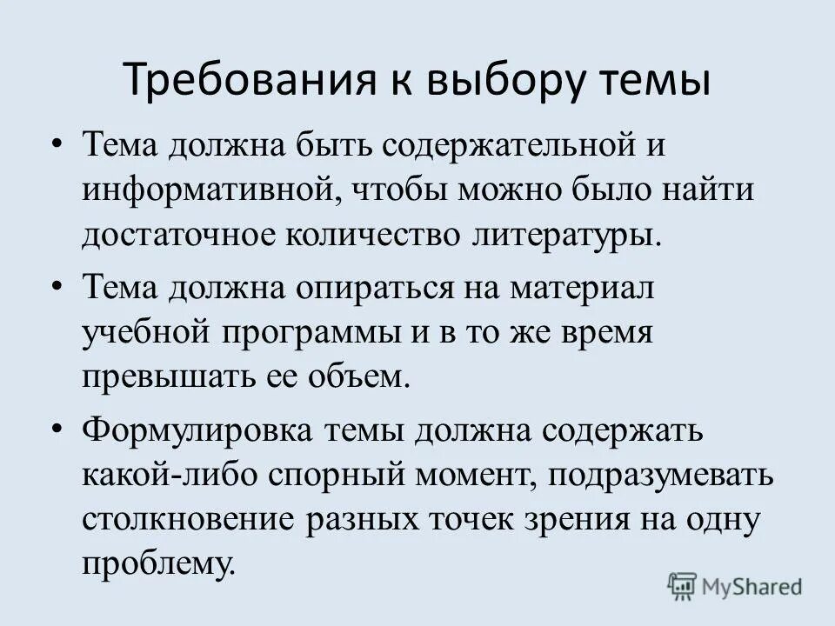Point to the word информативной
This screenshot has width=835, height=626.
click(201, 190)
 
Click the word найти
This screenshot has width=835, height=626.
click(709, 190)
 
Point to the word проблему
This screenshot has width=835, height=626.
click(159, 567)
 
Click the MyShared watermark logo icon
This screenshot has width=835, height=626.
click(683, 585)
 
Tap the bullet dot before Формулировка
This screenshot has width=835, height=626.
click(58, 428)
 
